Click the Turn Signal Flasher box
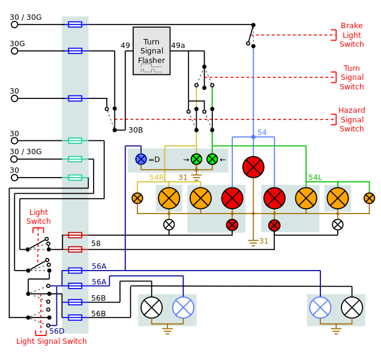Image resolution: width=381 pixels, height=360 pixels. click(151, 51)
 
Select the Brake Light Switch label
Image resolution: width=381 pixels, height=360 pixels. click(352, 35)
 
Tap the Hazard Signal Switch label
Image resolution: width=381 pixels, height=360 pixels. click(352, 119)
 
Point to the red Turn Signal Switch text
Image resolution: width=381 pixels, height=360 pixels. click(352, 77)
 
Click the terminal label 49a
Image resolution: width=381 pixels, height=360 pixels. click(178, 46)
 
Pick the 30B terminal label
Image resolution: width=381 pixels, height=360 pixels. click(136, 130)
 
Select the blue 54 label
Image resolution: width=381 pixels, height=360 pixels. click(262, 133)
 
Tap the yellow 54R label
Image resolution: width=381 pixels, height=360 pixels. click(157, 178)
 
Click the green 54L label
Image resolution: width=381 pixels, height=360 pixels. click(314, 178)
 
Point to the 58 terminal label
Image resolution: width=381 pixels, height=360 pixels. click(96, 244)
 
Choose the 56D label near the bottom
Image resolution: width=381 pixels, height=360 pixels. click(56, 331)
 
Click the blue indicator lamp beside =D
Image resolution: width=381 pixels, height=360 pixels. click(141, 159)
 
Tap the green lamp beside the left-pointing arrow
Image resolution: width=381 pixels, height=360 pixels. click(212, 159)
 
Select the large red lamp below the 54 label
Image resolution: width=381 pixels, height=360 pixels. click(253, 167)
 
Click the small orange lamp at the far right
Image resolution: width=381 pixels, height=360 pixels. click(369, 198)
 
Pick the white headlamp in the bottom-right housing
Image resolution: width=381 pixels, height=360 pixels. click(352, 307)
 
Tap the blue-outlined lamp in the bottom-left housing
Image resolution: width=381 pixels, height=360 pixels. click(183, 307)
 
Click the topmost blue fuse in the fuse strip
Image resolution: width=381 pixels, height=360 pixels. click(75, 25)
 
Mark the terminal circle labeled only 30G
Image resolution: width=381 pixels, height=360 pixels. click(14, 51)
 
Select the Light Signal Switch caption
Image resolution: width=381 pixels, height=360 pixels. click(51, 341)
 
